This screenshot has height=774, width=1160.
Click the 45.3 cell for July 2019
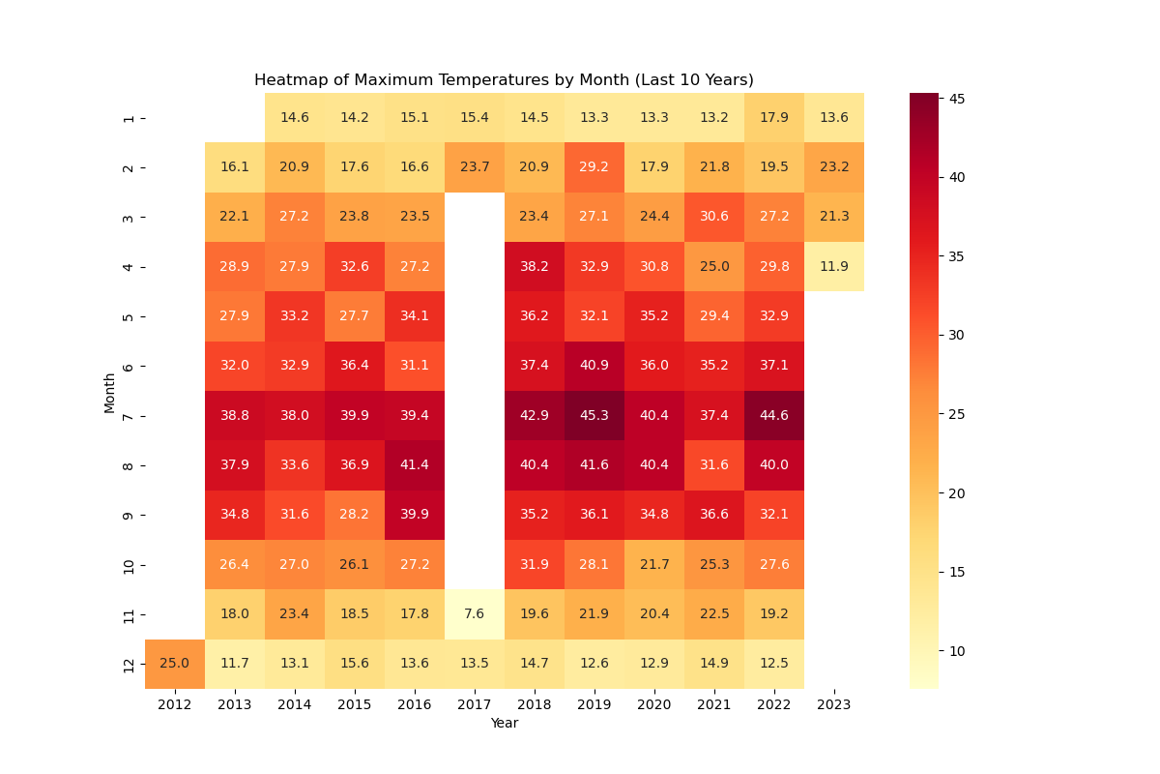tap(594, 415)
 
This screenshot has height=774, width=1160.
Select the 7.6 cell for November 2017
tap(475, 614)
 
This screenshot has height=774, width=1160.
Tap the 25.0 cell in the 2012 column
tap(175, 664)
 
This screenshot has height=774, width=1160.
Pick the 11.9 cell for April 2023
tap(834, 266)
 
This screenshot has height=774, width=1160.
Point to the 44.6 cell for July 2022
tap(774, 415)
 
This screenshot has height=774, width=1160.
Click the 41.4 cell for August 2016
tap(415, 465)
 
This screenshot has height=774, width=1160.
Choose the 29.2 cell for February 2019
tap(594, 167)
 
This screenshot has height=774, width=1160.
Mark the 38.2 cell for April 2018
tap(535, 266)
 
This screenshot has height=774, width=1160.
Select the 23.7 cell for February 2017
tap(475, 167)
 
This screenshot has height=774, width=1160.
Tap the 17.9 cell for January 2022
tap(774, 118)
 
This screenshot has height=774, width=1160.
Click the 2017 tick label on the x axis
tap(475, 705)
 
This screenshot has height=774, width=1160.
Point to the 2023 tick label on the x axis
tap(834, 705)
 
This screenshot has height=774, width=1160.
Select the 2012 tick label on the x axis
tap(175, 705)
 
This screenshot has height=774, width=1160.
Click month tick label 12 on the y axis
tap(129, 664)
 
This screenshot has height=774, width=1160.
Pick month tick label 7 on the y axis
tap(129, 415)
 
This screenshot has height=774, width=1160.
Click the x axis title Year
tap(504, 724)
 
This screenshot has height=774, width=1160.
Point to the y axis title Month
tap(110, 391)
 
